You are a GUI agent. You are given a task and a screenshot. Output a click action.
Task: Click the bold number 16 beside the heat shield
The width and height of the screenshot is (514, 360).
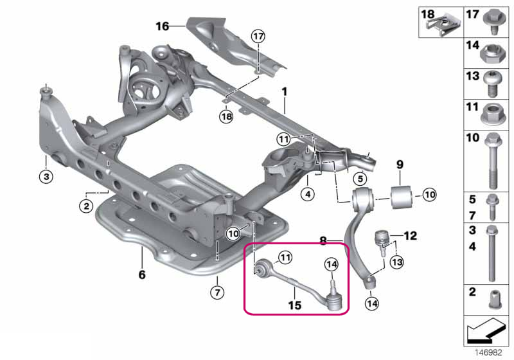[163, 26]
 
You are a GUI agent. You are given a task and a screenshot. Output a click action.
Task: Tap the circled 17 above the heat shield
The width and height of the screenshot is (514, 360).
[258, 36]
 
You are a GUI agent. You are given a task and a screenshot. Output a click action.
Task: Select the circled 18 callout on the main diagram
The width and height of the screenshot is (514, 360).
[227, 116]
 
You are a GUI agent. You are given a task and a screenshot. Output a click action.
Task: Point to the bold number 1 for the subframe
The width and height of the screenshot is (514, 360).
[284, 91]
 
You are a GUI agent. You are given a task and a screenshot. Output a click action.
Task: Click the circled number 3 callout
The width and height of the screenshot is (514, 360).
[46, 176]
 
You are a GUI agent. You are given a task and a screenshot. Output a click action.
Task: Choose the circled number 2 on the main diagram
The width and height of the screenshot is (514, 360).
[86, 206]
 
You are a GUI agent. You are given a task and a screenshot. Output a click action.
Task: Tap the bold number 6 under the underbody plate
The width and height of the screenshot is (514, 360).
[142, 274]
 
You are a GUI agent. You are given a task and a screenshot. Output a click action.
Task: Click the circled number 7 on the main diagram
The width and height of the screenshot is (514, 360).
[217, 292]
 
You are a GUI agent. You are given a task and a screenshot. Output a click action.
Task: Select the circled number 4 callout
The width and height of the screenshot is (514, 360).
[308, 194]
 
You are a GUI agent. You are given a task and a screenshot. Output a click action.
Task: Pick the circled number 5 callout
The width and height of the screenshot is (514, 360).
[360, 179]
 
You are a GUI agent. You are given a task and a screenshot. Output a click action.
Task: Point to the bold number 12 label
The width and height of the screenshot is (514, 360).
[410, 235]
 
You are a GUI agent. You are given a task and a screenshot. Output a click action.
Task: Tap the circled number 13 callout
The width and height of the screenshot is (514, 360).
[397, 262]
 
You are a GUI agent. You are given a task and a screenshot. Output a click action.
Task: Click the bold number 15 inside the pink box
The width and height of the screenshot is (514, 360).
[294, 305]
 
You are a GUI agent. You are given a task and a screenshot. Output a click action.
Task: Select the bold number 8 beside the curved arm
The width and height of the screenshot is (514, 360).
[323, 241]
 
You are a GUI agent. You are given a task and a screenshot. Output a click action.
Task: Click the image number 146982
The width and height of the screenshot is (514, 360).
[488, 352]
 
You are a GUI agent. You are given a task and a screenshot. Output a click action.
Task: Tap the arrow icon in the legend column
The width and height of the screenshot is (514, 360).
[486, 330]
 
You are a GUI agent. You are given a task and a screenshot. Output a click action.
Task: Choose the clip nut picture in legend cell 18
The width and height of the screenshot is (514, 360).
[443, 25]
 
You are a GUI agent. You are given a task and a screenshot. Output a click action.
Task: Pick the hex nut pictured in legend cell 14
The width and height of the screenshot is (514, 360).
[492, 54]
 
